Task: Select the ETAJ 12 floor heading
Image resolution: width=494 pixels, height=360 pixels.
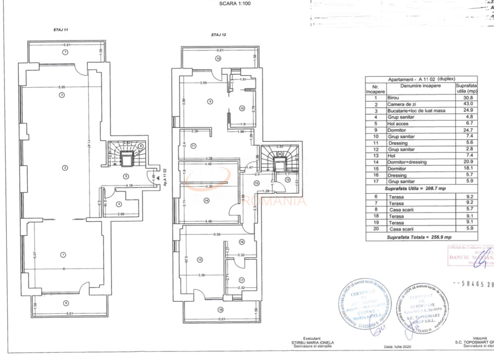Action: click(218, 34)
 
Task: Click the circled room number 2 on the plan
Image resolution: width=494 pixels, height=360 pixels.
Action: click(65, 167)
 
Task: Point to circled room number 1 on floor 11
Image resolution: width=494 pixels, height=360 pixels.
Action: click(63, 255)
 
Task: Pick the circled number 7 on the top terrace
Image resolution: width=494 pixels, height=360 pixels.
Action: click(65, 52)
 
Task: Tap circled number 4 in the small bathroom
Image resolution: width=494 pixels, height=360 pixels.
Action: click(118, 204)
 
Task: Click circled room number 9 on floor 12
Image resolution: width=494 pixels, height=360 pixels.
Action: click(210, 101)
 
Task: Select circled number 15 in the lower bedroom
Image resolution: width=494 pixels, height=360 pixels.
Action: click(200, 260)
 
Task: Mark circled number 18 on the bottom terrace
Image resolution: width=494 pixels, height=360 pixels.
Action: click(220, 310)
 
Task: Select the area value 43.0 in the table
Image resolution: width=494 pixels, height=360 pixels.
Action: click(466, 104)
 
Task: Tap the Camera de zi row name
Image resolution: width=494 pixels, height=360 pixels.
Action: click(400, 104)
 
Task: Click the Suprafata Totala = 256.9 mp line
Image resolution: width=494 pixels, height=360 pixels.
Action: click(419, 237)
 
